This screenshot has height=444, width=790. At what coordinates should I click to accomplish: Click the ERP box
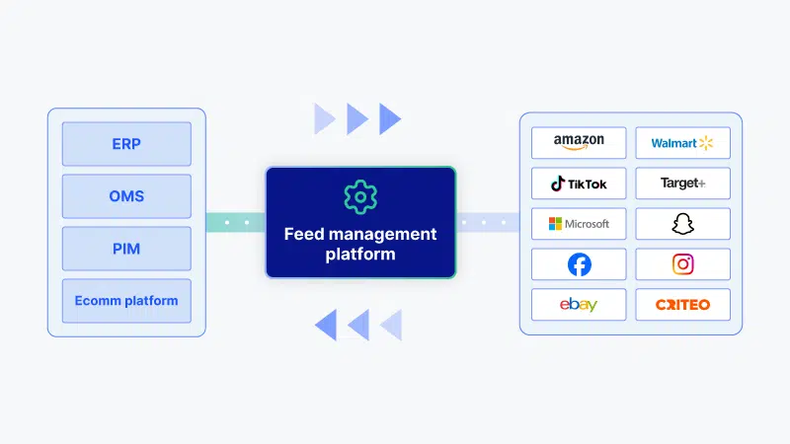coord(126,144)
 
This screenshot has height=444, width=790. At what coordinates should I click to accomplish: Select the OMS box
coord(126,196)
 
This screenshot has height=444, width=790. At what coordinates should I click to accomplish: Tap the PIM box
coord(126,249)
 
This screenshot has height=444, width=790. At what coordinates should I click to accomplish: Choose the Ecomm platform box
coord(126,301)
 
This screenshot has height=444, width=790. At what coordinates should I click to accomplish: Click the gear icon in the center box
coord(360,196)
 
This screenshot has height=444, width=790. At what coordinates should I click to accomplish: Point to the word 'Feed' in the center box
coord(304,234)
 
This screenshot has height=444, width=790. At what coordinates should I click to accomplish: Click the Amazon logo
coord(579,142)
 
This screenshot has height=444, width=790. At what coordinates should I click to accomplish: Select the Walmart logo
coord(682,143)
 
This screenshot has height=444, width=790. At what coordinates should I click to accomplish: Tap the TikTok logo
coord(579,184)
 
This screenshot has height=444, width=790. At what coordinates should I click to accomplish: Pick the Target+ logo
coord(682,184)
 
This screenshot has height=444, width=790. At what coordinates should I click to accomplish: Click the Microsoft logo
coord(579,224)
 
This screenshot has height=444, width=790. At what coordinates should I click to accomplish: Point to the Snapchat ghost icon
coord(682,224)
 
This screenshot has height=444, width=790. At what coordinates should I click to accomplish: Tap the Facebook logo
coord(580,264)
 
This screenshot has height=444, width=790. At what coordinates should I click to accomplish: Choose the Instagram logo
coord(682,264)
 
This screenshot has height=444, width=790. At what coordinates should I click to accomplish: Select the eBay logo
coord(579,305)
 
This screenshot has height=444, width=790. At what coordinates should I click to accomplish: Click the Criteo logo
coord(682,305)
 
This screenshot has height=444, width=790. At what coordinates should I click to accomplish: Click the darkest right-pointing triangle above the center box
coord(389,119)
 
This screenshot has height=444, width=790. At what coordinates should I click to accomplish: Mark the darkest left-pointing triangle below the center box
coord(326,326)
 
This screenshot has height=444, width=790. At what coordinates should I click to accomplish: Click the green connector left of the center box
coord(236,223)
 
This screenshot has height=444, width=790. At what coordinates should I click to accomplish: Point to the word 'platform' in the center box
coord(360,255)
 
